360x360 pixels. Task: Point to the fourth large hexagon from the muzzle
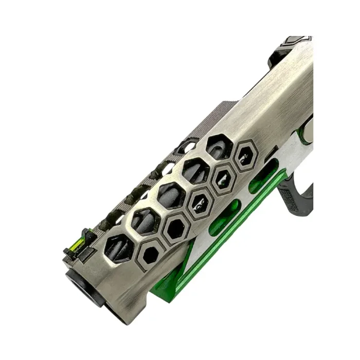196,170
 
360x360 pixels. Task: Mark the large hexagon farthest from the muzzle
219,147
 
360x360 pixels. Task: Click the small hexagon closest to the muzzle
152,254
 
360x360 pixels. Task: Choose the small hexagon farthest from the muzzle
245,156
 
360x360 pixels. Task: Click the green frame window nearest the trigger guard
263,176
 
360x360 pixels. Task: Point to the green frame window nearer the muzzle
225,217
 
